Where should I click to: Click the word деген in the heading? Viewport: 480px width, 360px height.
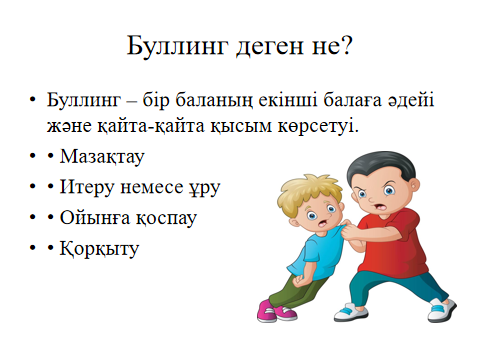pyautogui.click(x=270, y=47)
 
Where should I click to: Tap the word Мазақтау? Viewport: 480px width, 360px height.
pyautogui.click(x=102, y=157)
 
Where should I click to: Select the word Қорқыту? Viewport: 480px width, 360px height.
pyautogui.click(x=99, y=249)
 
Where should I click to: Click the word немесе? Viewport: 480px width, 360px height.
pyautogui.click(x=151, y=188)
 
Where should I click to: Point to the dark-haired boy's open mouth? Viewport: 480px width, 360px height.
pyautogui.click(x=380, y=207)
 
